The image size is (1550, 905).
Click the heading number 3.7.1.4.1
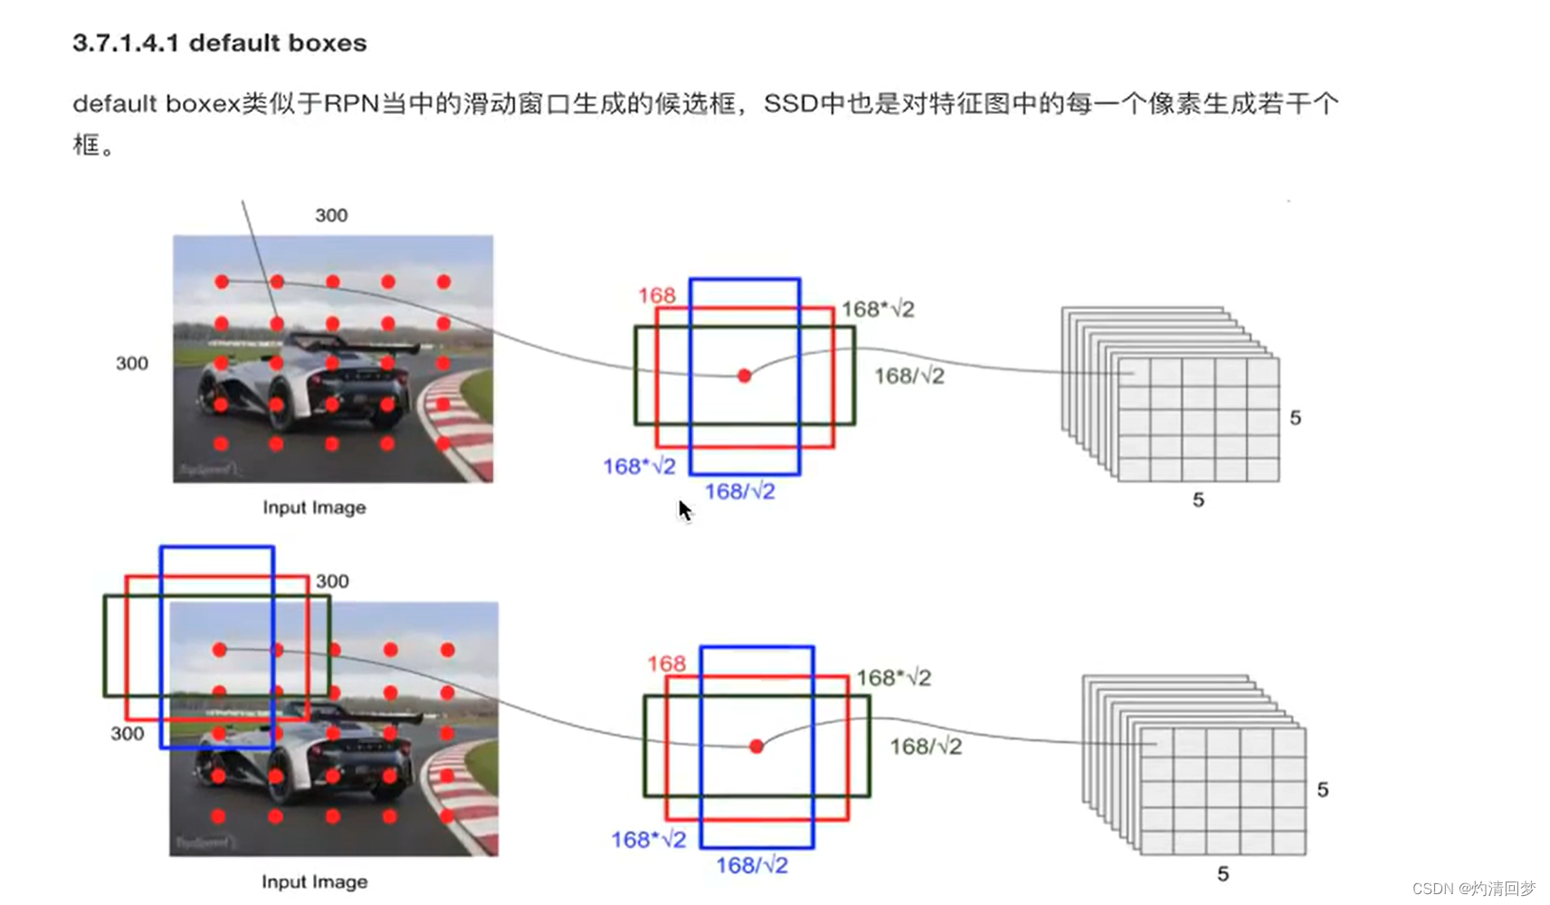coord(125,43)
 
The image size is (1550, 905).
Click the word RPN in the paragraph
coord(351,104)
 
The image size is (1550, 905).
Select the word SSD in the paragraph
coord(790,104)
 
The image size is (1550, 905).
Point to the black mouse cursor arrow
coord(684,510)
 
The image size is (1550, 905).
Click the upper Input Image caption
coord(314,508)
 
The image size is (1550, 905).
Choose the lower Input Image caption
coord(314,881)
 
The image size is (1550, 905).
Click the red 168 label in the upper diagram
coord(656,296)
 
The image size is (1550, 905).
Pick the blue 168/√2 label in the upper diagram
coord(739,491)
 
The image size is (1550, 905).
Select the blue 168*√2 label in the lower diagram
coord(648,840)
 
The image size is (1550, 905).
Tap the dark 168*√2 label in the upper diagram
coord(878,310)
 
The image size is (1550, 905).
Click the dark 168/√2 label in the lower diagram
coord(925,747)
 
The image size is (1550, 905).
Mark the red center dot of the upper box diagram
coord(744,376)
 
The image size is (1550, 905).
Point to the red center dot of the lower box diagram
coord(756,747)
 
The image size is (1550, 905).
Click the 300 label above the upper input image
coord(331,215)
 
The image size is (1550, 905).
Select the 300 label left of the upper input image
coord(132,364)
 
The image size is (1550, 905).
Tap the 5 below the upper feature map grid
coord(1198,500)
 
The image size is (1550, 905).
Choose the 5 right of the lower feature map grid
coord(1322,790)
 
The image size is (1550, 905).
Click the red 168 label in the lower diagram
coord(666,664)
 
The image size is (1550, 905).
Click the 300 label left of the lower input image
coord(128,734)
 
